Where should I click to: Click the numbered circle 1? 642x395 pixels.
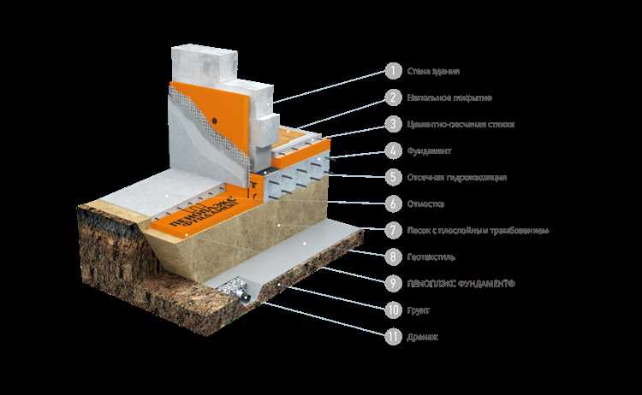393,71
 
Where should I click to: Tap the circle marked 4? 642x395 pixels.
393,151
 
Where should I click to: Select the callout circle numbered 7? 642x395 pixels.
393,230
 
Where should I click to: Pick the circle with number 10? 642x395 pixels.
393,310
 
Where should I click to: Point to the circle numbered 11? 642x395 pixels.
393,336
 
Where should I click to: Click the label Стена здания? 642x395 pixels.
431,71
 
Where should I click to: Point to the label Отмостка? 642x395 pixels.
425,204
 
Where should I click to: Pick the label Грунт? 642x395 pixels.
419,310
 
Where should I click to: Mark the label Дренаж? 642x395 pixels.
424,336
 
